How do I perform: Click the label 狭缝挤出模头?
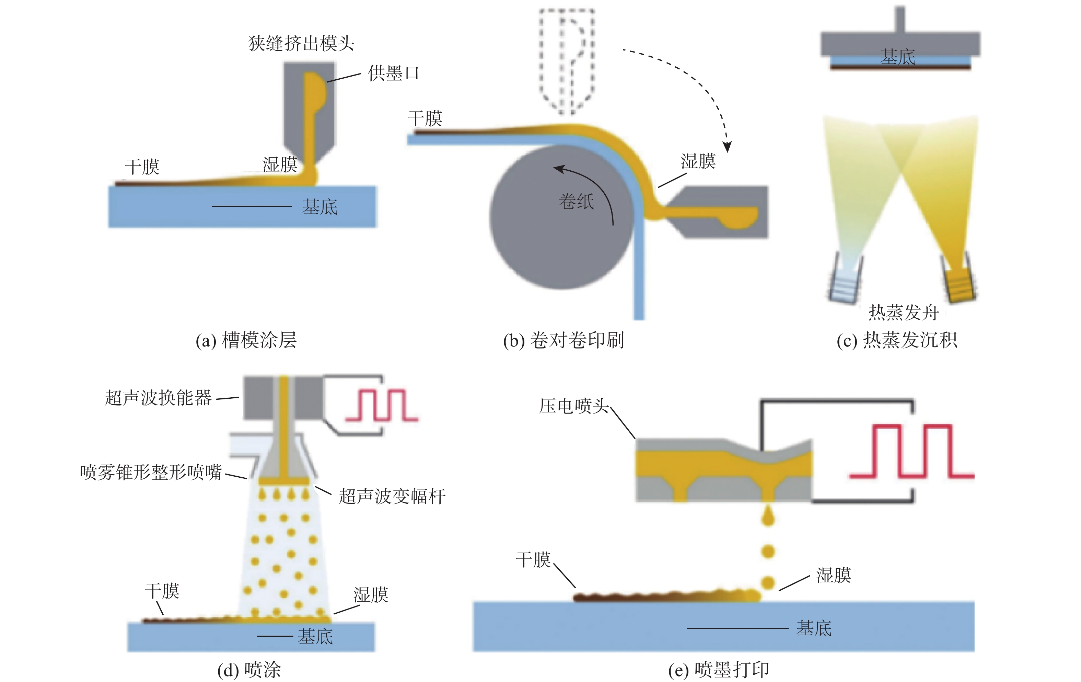[x=301, y=44]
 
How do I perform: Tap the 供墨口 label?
[x=393, y=73]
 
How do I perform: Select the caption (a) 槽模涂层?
[x=246, y=340]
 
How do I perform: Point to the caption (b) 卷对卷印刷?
[x=563, y=340]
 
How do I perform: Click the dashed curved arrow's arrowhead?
[x=727, y=147]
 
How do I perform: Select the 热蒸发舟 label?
[x=903, y=312]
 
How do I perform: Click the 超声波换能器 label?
[x=158, y=398]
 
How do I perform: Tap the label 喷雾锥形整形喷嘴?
[x=151, y=472]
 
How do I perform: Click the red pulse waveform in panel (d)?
[x=382, y=405]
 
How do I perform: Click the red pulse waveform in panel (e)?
[x=911, y=451]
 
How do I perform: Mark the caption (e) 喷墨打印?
[x=718, y=669]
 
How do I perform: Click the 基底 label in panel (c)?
[x=897, y=57]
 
